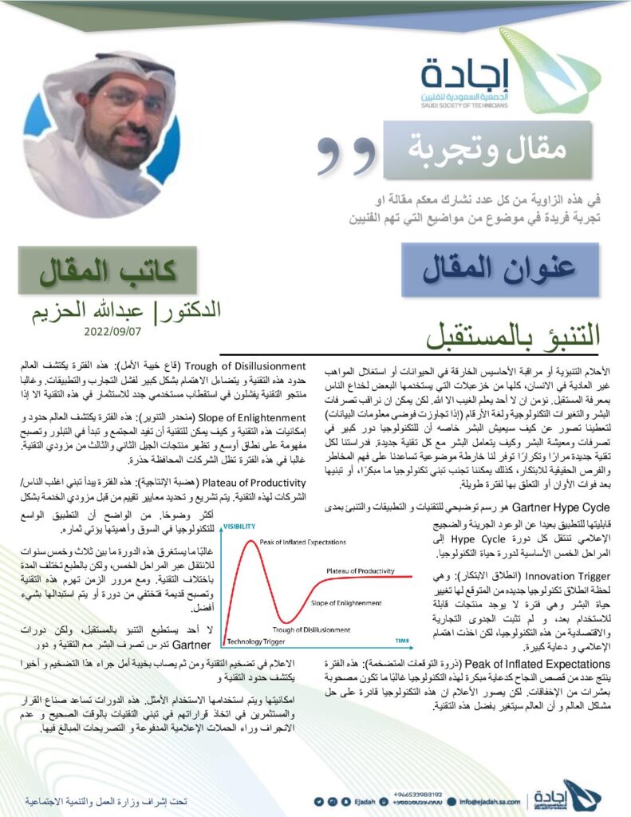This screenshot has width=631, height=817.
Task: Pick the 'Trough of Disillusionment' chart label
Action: click(x=306, y=630)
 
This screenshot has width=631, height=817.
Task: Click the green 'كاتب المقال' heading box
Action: click(x=120, y=271)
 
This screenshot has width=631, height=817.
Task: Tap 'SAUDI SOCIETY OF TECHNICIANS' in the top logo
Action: click(x=465, y=102)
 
